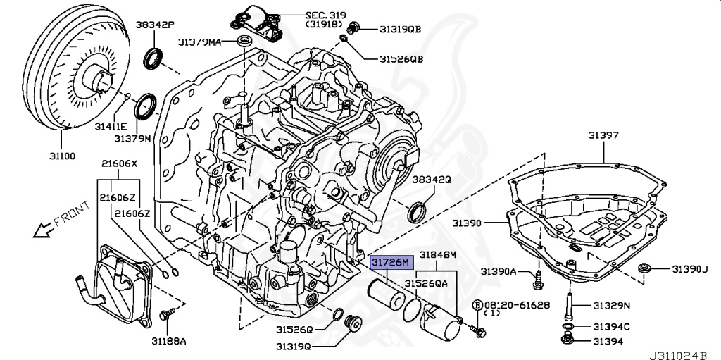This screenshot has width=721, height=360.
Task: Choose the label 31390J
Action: pyautogui.click(x=688, y=269)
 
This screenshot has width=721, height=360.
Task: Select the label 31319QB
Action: pyautogui.click(x=400, y=29)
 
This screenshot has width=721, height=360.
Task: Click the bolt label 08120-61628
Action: pyautogui.click(x=516, y=304)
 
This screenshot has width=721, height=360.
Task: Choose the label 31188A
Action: pyautogui.click(x=167, y=341)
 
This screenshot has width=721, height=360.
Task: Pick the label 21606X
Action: pyautogui.click(x=119, y=163)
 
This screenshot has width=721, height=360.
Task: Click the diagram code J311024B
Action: pyautogui.click(x=683, y=353)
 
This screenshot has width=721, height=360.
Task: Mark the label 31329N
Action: pyautogui.click(x=610, y=305)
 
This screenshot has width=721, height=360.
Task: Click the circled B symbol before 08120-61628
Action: pyautogui.click(x=477, y=304)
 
